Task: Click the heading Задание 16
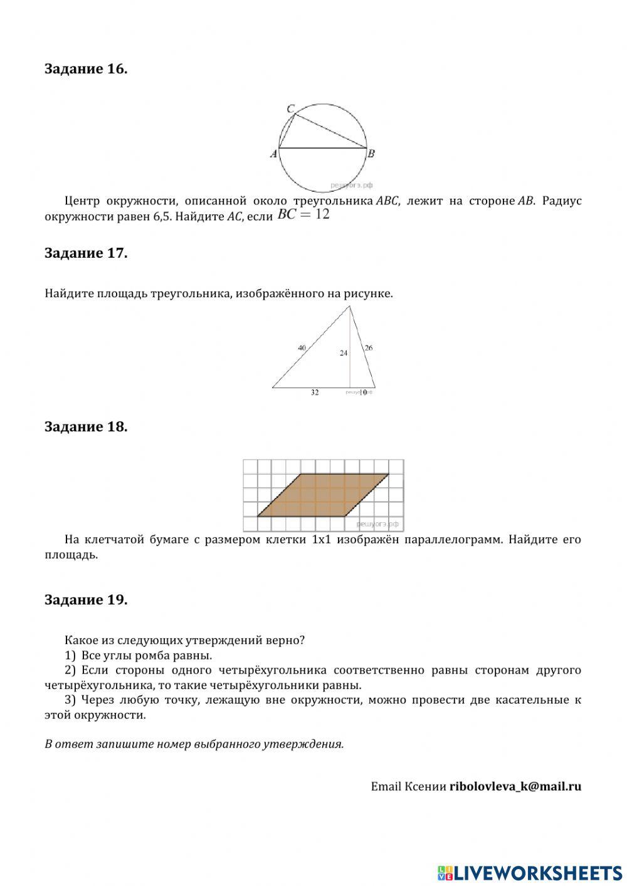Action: pyautogui.click(x=86, y=69)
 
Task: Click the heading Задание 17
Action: pyautogui.click(x=86, y=253)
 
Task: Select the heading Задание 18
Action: pyautogui.click(x=86, y=426)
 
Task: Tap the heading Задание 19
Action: pyautogui.click(x=86, y=599)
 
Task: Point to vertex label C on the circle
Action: pyautogui.click(x=290, y=109)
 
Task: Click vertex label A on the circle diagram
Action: pyautogui.click(x=273, y=154)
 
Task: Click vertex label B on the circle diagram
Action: pyautogui.click(x=371, y=154)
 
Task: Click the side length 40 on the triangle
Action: pyautogui.click(x=302, y=347)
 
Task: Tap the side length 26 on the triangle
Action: pyautogui.click(x=369, y=347)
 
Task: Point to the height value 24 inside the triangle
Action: pyautogui.click(x=344, y=353)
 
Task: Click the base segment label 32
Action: pyautogui.click(x=315, y=393)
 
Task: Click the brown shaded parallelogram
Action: pyautogui.click(x=323, y=495)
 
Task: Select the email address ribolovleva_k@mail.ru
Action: pyautogui.click(x=515, y=786)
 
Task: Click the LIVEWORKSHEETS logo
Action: pyautogui.click(x=530, y=872)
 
